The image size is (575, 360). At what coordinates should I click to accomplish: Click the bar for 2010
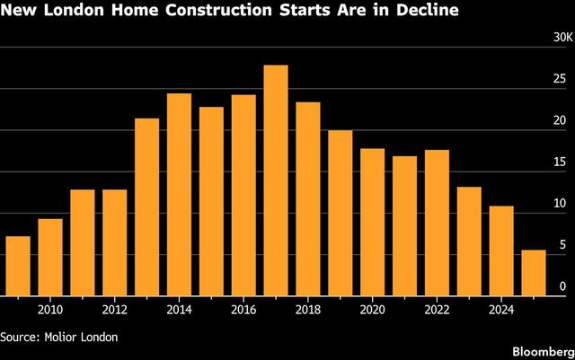[50, 257]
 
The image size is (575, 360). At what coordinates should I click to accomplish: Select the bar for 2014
[180, 194]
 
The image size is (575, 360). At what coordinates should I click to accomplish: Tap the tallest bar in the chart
[276, 180]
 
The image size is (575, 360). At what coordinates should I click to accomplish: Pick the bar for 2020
[373, 222]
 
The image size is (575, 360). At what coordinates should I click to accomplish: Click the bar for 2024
[501, 250]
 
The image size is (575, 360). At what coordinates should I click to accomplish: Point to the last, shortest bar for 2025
[534, 272]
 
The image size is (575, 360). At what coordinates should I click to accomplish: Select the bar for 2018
[308, 198]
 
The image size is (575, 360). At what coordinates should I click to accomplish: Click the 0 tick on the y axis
[562, 286]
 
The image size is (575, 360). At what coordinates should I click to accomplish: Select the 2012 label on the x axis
[114, 310]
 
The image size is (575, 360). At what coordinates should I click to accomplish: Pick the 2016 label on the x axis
[243, 310]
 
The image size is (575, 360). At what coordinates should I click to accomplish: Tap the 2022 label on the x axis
[437, 310]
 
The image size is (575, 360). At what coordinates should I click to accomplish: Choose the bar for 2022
[437, 223]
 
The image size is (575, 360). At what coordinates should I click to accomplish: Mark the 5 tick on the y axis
[562, 245]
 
